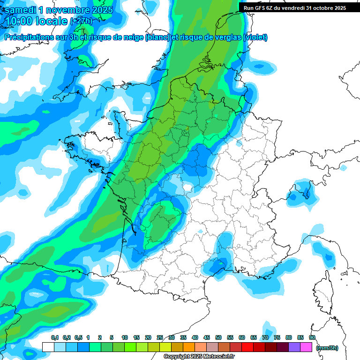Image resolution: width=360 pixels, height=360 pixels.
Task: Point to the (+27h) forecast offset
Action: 81,22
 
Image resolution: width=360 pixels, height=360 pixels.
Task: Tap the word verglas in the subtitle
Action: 228,37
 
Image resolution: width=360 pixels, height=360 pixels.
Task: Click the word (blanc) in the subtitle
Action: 157,37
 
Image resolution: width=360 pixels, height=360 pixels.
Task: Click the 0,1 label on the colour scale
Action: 55,338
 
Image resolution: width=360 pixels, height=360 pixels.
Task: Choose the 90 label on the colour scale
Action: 312,338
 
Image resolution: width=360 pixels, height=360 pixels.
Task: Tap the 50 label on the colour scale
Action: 218,338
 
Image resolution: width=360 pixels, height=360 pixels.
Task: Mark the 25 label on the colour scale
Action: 160,338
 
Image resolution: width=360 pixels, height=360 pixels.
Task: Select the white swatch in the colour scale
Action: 48,347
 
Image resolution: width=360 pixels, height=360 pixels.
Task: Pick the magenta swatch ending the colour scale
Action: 306,347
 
